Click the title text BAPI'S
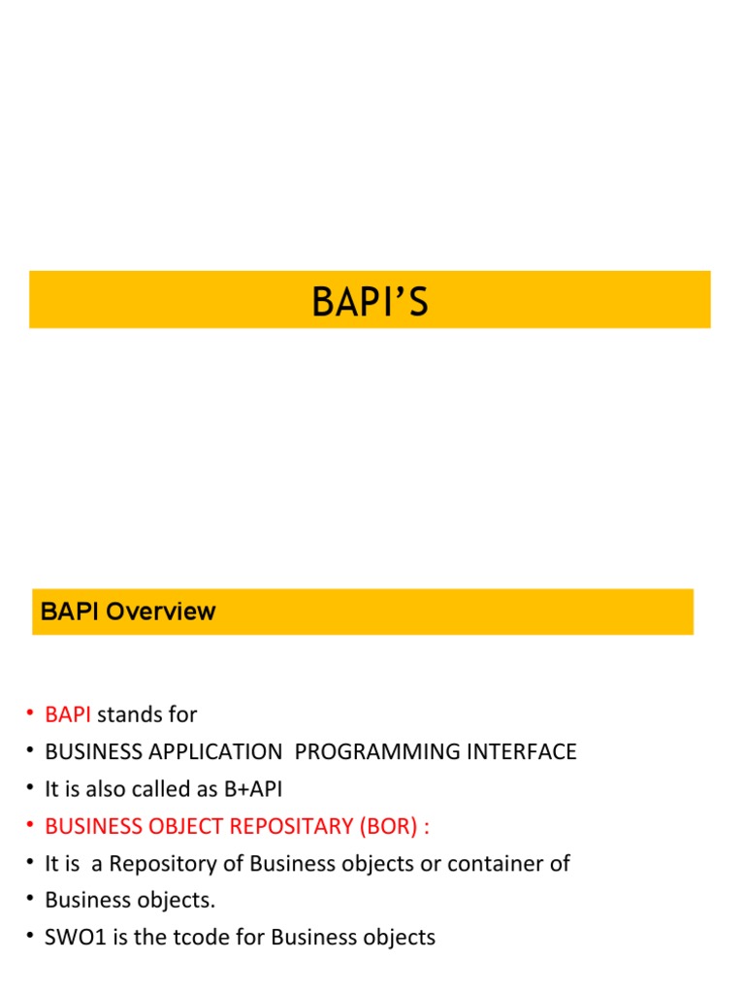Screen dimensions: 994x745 pos(370,302)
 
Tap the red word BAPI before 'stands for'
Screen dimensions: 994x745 pos(68,714)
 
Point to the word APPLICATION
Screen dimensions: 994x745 pos(205,751)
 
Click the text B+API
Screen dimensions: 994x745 pos(252,789)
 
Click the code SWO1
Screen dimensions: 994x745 pos(70,937)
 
